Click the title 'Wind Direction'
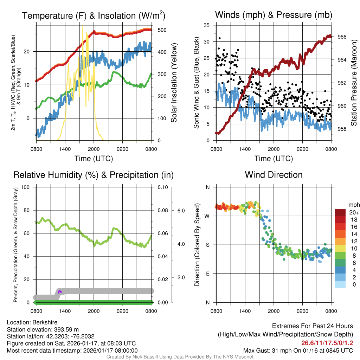pyautogui.click(x=274, y=175)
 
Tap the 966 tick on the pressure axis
pyautogui.click(x=342, y=37)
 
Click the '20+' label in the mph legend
pyautogui.click(x=354, y=213)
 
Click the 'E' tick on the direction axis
pyautogui.click(x=207, y=274)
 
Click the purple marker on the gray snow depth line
pyautogui.click(x=59, y=292)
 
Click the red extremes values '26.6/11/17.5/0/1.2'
pyautogui.click(x=327, y=343)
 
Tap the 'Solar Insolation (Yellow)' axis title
pyautogui.click(x=174, y=83)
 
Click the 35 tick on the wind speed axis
pyautogui.click(x=207, y=25)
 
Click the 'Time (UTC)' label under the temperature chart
pyautogui.click(x=94, y=159)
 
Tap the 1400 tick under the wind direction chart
pyautogui.click(x=245, y=311)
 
